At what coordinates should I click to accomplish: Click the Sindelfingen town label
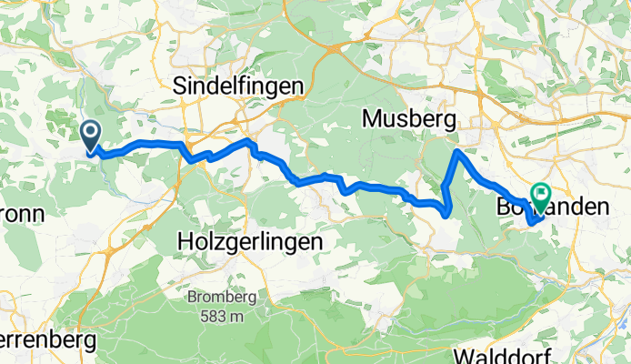pos(238,86)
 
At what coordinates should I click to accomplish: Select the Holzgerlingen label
pos(250,242)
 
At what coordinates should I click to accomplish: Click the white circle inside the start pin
pos(91,133)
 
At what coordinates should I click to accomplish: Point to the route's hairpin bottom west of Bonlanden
pos(446,215)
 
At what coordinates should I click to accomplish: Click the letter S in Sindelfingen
pos(179,86)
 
